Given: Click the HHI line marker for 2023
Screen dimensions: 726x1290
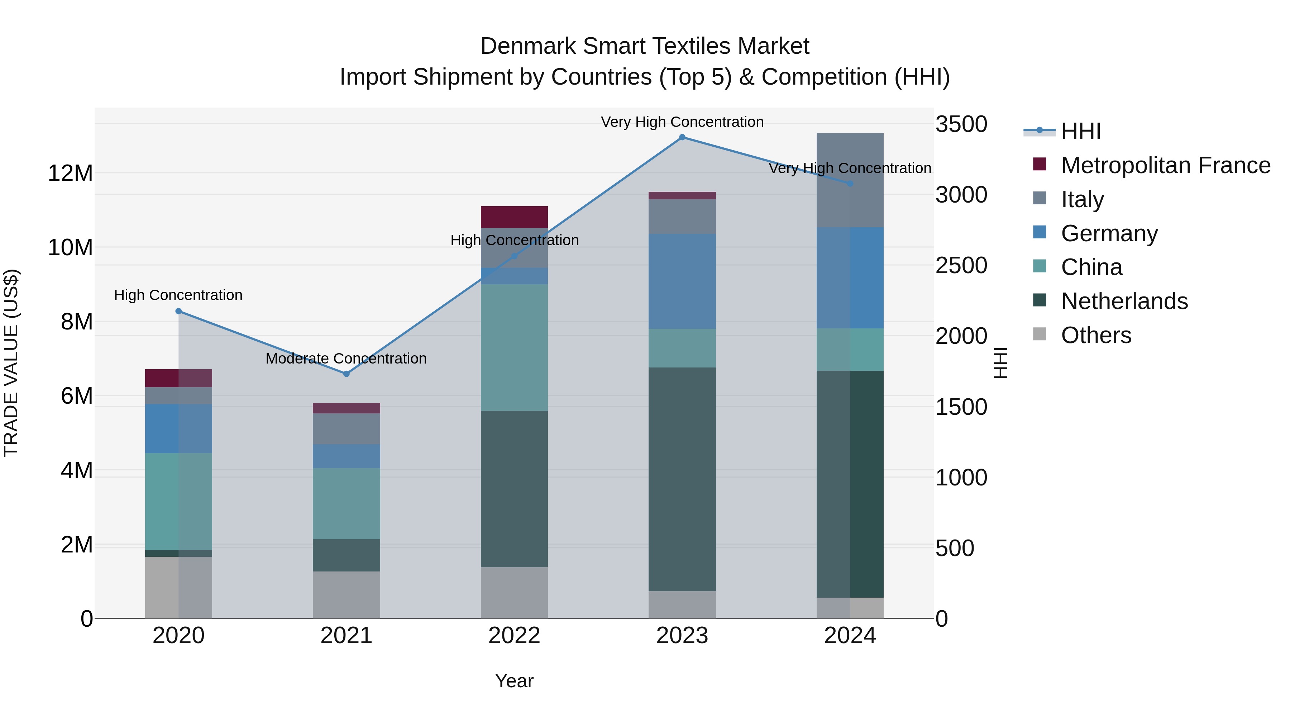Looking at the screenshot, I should pyautogui.click(x=682, y=137).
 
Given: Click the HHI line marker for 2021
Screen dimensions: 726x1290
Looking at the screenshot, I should pyautogui.click(x=346, y=374).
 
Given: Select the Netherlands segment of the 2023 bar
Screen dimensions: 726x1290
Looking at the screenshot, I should pyautogui.click(x=682, y=479).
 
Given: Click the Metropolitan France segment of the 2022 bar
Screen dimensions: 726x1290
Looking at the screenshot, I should pyautogui.click(x=514, y=217).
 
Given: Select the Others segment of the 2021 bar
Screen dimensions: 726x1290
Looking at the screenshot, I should pyautogui.click(x=346, y=595).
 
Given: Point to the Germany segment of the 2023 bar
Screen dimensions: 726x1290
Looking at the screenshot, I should pyautogui.click(x=682, y=281).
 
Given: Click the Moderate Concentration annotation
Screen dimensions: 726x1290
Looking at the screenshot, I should pyautogui.click(x=346, y=359).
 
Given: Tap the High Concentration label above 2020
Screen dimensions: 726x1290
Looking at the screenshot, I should pyautogui.click(x=178, y=295).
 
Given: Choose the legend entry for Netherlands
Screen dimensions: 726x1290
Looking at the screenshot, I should pyautogui.click(x=1124, y=301).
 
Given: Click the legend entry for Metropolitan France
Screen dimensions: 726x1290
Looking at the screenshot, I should pyautogui.click(x=1165, y=165).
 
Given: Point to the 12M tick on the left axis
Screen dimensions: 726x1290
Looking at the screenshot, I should pyautogui.click(x=70, y=174).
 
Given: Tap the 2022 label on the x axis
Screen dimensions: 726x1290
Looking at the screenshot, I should pyautogui.click(x=514, y=636).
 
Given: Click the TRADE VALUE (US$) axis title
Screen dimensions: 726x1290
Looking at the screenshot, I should pyautogui.click(x=11, y=363).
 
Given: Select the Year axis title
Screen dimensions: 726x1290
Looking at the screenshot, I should pyautogui.click(x=514, y=681).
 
